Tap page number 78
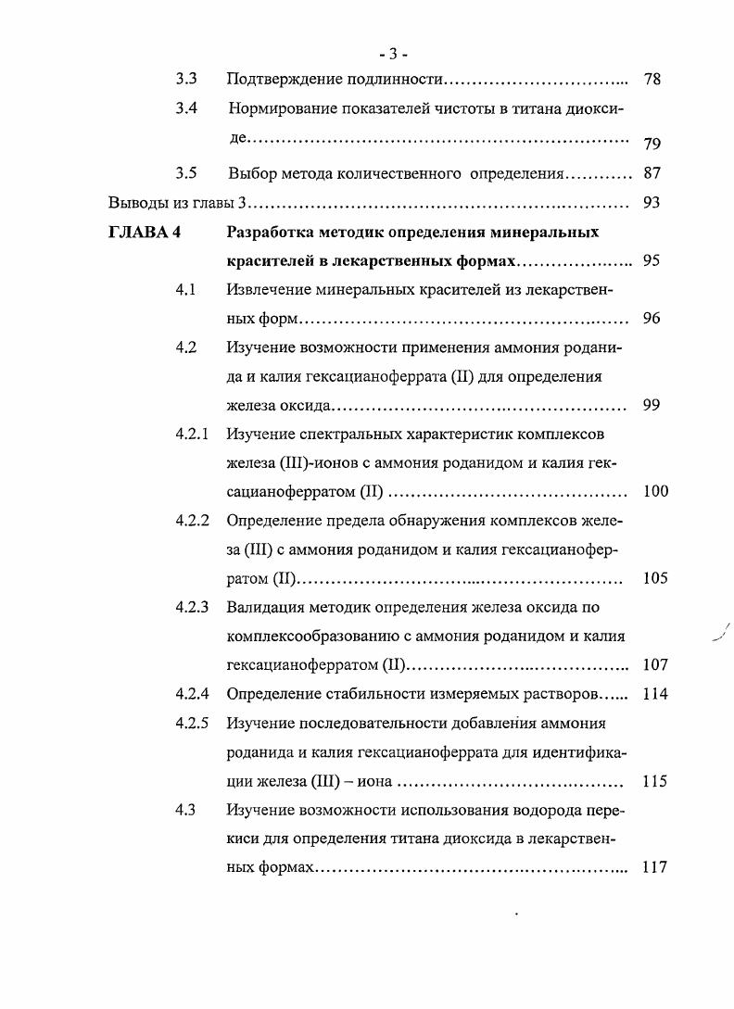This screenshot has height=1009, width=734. click(x=652, y=80)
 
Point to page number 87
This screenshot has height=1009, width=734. click(x=652, y=173)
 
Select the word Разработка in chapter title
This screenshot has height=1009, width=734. click(x=271, y=232)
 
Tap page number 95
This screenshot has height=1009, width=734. click(x=652, y=260)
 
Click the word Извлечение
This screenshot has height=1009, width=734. click(x=269, y=289)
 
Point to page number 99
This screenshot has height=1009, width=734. click(x=652, y=405)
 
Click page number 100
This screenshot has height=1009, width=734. click(x=655, y=492)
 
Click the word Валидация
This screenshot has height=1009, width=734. click(x=267, y=608)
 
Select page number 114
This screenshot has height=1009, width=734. click(x=655, y=694)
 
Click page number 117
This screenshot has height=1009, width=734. click(x=655, y=868)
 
